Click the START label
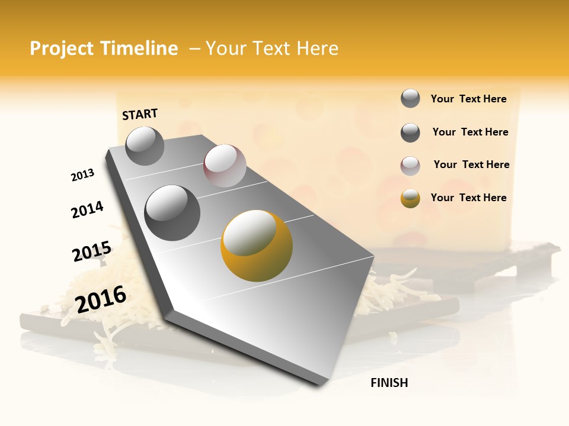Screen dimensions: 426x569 click(140, 114)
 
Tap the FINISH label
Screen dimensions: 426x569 click(389, 383)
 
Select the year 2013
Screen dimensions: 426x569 click(82, 175)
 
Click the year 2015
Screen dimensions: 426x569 click(92, 251)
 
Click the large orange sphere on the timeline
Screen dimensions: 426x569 click(257, 246)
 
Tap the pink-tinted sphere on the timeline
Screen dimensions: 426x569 click(225, 166)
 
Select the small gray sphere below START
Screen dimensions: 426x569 click(145, 146)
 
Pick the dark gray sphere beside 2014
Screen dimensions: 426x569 click(172, 212)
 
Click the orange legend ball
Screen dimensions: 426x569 click(410, 198)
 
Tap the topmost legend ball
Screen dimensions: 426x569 click(410, 98)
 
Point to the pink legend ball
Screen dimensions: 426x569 click(410, 166)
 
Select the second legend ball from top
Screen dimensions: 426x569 click(410, 133)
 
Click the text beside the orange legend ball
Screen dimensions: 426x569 click(468, 198)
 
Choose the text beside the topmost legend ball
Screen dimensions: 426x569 click(468, 99)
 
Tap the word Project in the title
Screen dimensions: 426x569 click(62, 49)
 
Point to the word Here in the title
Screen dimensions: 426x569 click(317, 49)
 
